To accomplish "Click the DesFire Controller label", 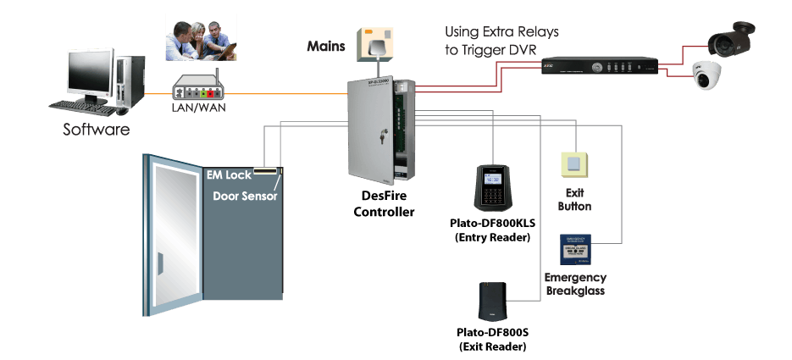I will (384, 202).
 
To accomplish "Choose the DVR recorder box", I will (600, 66).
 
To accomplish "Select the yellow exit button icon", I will (574, 166).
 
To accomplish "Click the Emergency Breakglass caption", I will (575, 284).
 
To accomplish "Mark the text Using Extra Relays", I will (502, 32).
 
